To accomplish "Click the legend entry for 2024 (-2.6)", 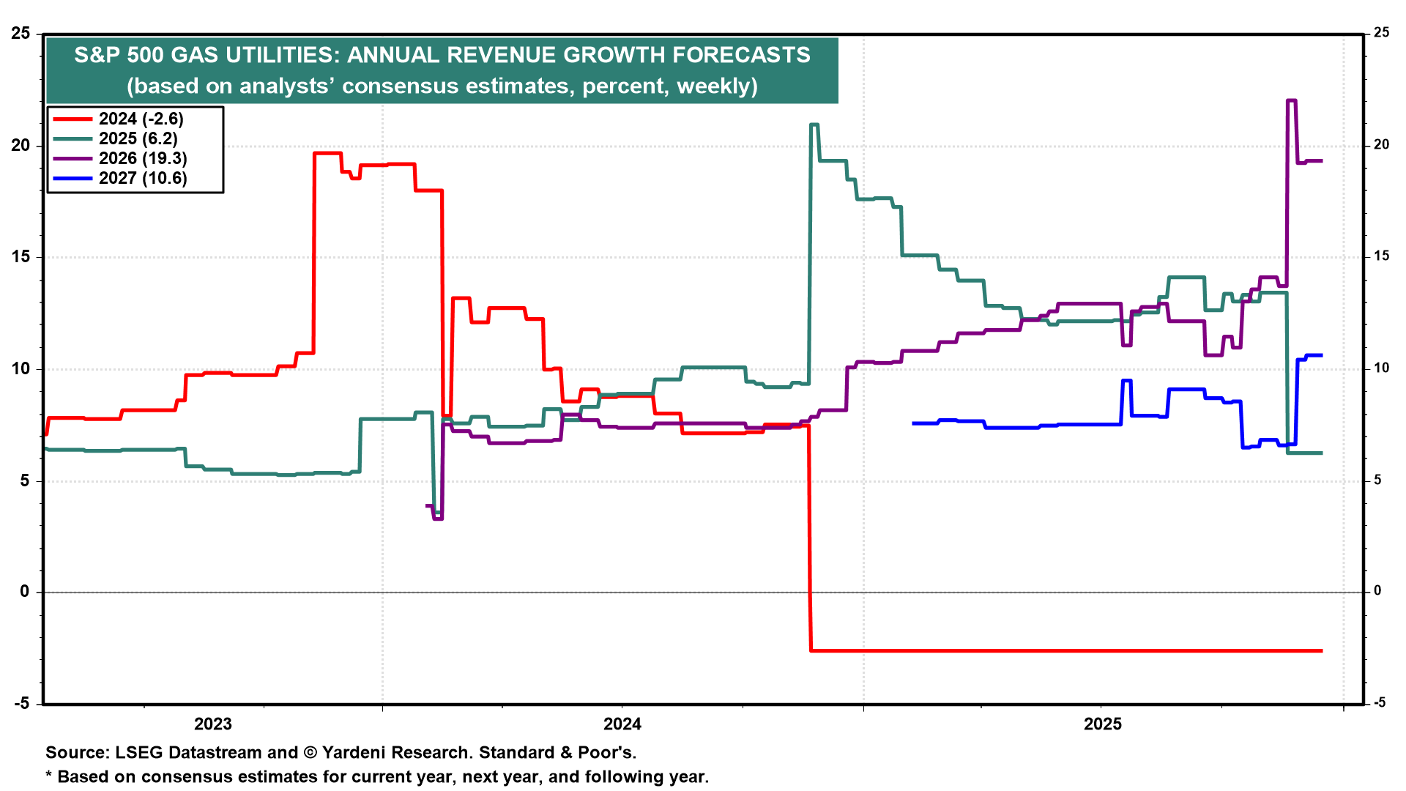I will coord(141,119).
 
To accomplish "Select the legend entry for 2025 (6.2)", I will coord(138,139).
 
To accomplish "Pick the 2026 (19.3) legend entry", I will coord(143,159).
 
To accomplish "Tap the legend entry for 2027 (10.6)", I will coord(143,179).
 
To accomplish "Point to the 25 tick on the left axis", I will coord(21,34).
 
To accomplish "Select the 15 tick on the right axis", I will coord(1381,256).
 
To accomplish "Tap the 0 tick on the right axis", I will coord(1377,591).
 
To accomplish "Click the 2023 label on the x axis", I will coord(212,724).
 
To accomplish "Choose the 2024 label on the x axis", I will coord(622,724).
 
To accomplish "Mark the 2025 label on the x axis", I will coord(1102,724).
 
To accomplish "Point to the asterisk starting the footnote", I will coord(49,776).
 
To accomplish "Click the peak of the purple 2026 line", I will coord(1292,101).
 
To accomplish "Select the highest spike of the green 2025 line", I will coord(814,125).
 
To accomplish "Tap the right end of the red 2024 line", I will coord(1322,650).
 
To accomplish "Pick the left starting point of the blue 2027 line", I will coord(913,423).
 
